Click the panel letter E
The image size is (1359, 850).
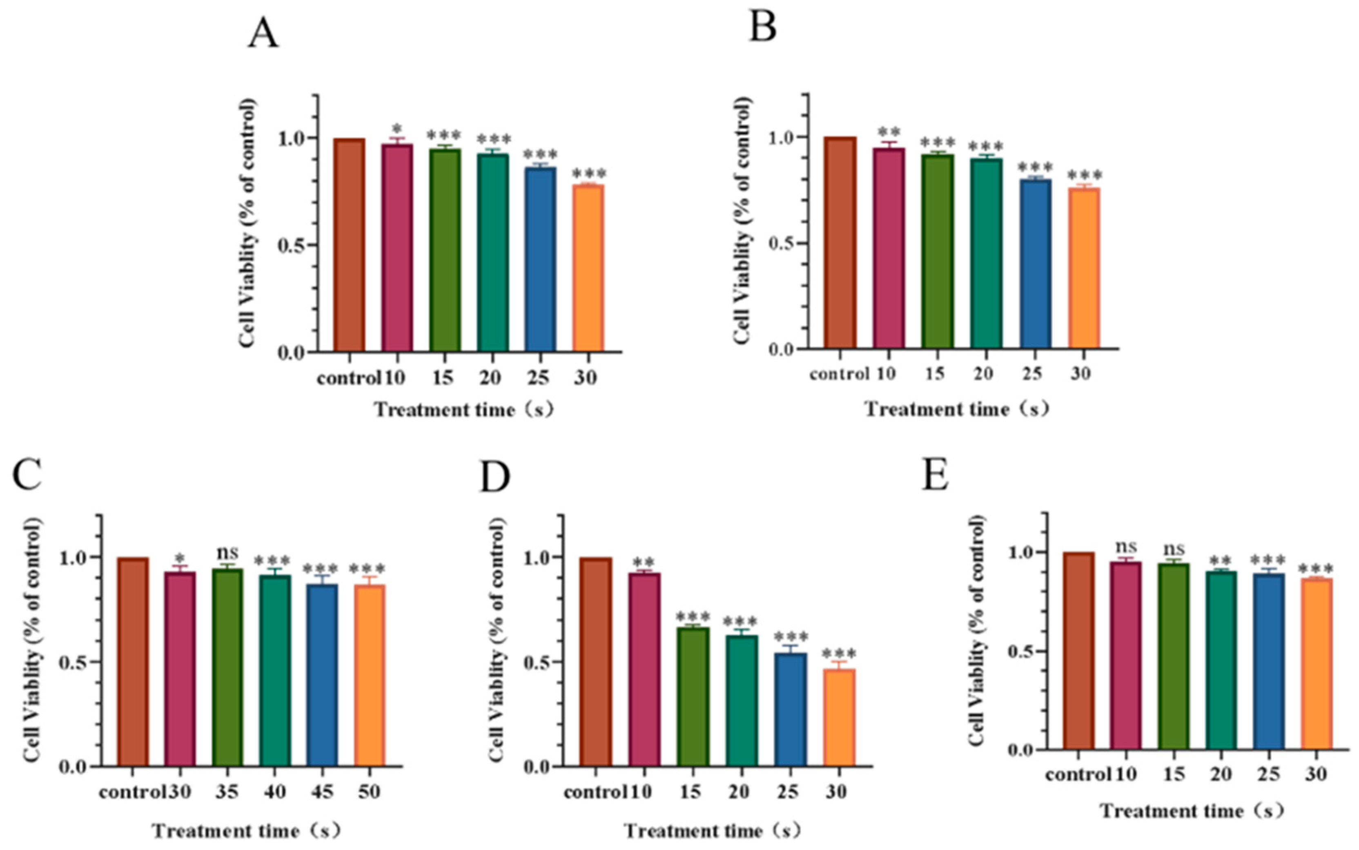tap(936, 475)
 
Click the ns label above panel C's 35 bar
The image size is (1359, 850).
tap(227, 552)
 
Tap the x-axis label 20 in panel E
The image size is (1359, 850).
tap(1221, 775)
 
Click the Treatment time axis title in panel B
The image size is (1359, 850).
tap(956, 409)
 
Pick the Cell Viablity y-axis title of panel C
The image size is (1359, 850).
tap(33, 640)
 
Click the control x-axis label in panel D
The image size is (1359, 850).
tap(594, 792)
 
